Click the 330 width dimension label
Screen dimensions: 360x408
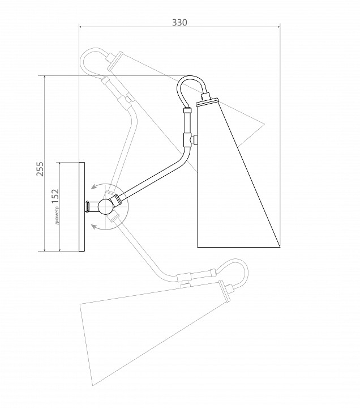(x=179, y=23)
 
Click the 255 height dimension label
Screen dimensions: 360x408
(x=40, y=169)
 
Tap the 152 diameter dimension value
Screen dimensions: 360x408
(x=55, y=196)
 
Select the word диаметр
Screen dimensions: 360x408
(x=57, y=215)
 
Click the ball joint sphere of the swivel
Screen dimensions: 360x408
(x=105, y=207)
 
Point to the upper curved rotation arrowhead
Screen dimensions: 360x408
(x=94, y=186)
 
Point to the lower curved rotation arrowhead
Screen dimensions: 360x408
(x=94, y=227)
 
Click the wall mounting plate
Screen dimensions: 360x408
(x=82, y=207)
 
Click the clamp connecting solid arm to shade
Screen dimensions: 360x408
(x=190, y=140)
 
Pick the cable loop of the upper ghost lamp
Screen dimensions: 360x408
(x=93, y=62)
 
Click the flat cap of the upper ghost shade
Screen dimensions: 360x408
(x=115, y=61)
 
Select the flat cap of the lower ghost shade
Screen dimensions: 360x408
(x=225, y=291)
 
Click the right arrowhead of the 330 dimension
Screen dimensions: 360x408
(x=278, y=27)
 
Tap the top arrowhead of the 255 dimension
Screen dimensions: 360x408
(x=45, y=78)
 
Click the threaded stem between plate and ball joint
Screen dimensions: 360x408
(x=89, y=207)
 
